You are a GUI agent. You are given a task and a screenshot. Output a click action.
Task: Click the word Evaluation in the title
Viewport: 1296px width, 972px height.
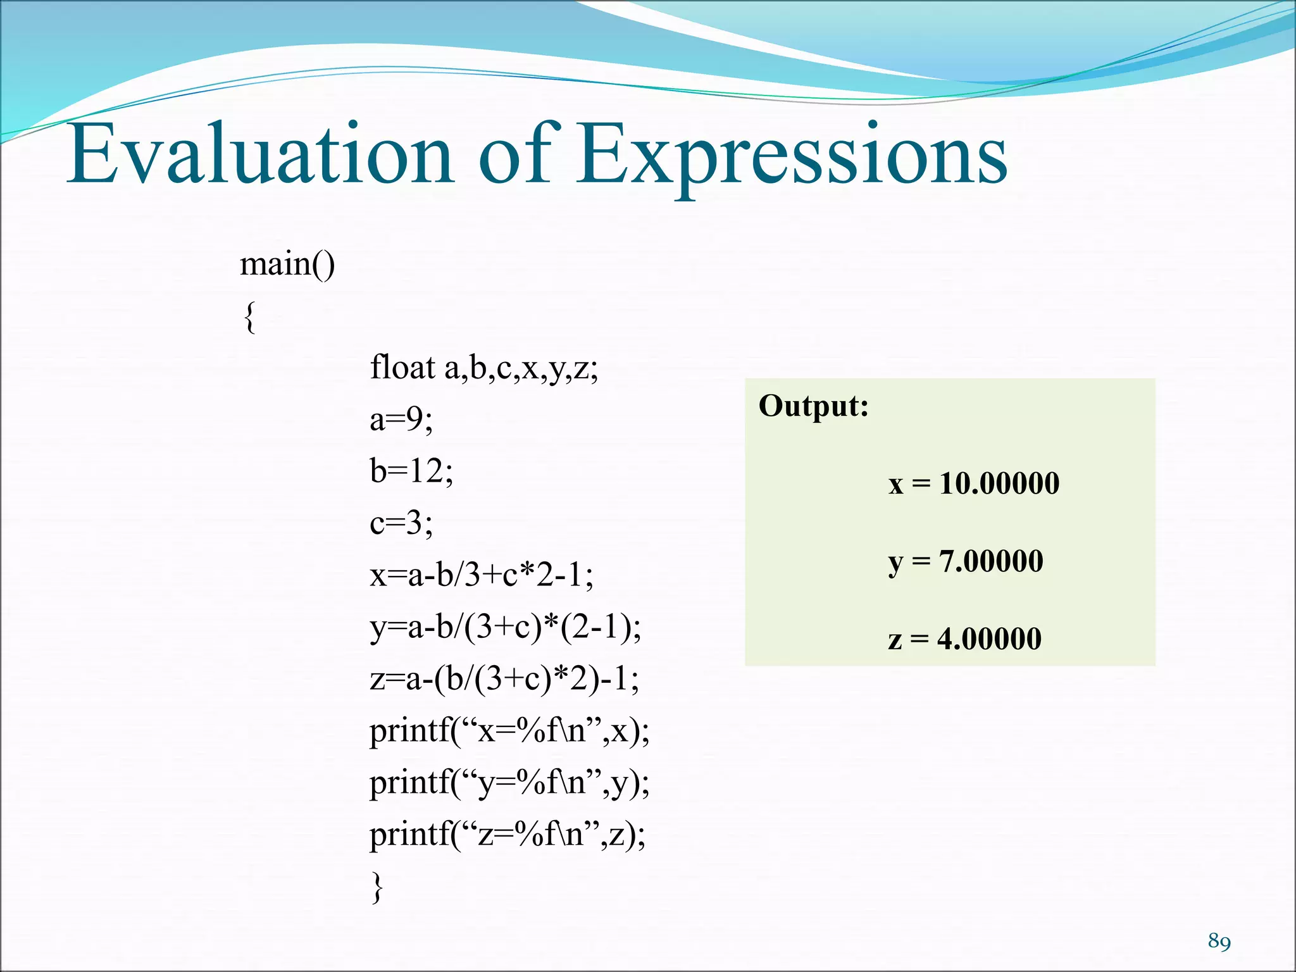(259, 155)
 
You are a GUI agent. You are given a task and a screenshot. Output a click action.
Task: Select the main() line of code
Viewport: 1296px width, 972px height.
(287, 264)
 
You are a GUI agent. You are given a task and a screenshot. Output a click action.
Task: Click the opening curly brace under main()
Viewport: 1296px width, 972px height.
(249, 316)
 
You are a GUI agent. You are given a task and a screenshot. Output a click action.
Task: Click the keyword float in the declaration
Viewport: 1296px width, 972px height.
(402, 367)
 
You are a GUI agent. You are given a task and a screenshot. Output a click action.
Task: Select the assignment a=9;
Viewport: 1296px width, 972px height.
(401, 419)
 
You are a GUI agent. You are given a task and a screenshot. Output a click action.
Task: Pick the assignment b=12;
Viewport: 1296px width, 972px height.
(411, 471)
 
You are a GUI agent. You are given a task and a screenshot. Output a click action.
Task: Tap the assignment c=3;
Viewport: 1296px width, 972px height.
(401, 523)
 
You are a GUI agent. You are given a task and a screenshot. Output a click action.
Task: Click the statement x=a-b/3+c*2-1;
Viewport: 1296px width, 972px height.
(481, 575)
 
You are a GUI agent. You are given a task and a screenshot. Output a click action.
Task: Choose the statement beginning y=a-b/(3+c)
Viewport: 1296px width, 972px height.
(505, 627)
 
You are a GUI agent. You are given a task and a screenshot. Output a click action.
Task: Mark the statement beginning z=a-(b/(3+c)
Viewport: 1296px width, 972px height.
(504, 679)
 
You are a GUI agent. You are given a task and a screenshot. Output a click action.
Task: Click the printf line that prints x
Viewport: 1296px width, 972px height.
(509, 732)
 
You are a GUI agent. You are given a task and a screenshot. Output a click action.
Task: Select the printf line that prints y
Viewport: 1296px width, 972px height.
(509, 783)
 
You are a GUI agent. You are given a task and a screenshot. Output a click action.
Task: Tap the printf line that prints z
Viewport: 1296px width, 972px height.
(508, 835)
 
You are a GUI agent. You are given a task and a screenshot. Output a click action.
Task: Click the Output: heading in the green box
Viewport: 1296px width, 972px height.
(814, 406)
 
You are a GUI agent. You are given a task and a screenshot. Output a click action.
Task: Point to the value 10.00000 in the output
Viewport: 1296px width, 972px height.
(999, 483)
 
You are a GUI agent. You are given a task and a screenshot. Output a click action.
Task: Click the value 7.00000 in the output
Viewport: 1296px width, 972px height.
(991, 561)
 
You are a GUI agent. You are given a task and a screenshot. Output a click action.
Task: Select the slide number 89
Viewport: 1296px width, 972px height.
(1219, 941)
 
